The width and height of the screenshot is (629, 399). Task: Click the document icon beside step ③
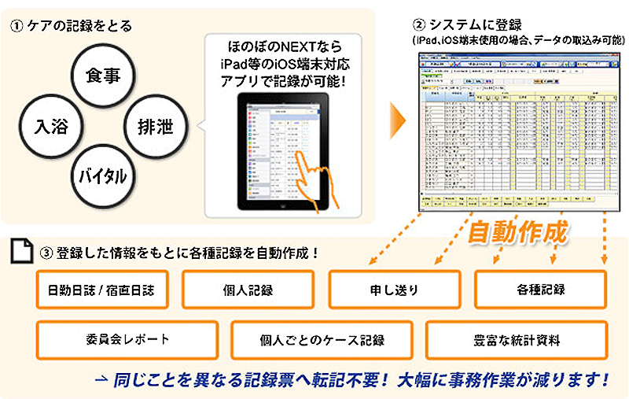tap(19, 252)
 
